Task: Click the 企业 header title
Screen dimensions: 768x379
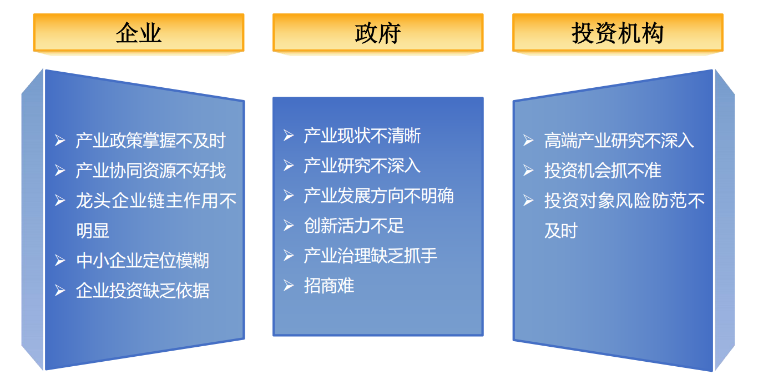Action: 139,33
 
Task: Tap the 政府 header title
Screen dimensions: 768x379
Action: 378,33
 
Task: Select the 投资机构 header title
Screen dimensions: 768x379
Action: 618,33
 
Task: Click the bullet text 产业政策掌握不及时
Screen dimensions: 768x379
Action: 150,141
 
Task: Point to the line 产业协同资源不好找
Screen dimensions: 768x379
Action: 150,170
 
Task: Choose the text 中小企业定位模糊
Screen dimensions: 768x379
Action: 142,261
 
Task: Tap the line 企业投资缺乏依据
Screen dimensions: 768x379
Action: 142,291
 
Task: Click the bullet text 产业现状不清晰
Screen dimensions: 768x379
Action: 362,136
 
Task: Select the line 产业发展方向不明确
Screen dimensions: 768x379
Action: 379,196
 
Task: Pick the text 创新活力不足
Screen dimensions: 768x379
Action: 354,226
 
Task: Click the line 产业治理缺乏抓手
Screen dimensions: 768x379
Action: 371,256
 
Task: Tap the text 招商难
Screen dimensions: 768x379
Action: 329,286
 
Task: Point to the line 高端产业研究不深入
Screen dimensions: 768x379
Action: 619,141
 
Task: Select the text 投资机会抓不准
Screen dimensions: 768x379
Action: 603,170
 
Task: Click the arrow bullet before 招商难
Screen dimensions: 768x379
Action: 289,286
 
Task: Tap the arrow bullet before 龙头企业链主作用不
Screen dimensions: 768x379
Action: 60,201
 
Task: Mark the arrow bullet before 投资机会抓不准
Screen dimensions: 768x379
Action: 528,170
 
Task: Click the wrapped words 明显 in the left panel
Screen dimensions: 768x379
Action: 93,231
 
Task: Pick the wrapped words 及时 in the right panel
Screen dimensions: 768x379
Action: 561,231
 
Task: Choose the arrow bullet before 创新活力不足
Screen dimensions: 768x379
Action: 289,226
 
